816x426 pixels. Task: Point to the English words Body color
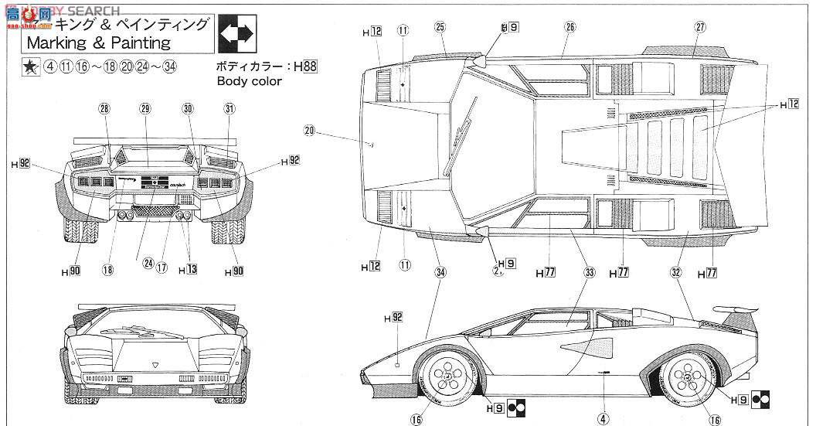point(249,81)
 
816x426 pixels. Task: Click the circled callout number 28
point(104,109)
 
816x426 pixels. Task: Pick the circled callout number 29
point(145,109)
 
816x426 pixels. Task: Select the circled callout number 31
point(229,109)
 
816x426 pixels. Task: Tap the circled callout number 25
point(440,27)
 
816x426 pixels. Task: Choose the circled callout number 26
point(570,27)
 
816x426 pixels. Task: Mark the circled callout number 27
point(700,27)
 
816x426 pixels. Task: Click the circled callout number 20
point(309,131)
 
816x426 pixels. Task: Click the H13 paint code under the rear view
point(187,270)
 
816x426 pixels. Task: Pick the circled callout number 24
point(148,262)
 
